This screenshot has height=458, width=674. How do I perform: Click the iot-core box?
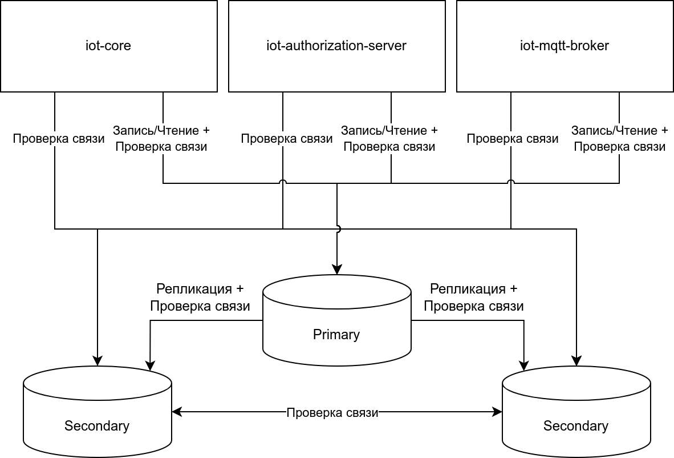[108, 46]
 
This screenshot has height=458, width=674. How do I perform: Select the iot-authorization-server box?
[336, 46]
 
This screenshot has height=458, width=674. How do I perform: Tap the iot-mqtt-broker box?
[565, 46]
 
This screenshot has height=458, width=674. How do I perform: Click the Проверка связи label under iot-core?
[59, 139]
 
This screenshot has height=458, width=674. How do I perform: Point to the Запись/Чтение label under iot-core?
[161, 131]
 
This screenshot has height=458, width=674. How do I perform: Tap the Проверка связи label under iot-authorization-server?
[287, 139]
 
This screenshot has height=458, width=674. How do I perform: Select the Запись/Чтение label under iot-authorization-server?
[389, 131]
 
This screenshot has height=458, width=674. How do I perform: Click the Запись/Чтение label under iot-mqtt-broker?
[619, 131]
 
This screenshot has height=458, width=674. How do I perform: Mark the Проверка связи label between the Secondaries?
[332, 413]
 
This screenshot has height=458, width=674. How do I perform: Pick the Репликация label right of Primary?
[473, 289]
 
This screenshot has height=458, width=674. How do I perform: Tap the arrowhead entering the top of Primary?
[337, 270]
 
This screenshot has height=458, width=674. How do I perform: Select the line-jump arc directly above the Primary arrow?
[337, 228]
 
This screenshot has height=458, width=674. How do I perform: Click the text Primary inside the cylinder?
[336, 335]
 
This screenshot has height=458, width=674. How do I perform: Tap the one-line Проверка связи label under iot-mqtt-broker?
[513, 139]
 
